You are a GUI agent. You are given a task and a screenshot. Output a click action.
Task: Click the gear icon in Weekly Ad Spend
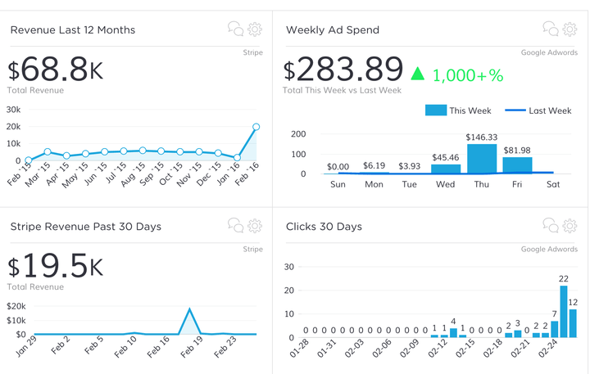(570, 29)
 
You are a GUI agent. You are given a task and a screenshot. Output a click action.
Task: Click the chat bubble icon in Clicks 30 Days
(550, 226)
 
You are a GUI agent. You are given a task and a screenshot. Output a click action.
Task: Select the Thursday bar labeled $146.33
(482, 159)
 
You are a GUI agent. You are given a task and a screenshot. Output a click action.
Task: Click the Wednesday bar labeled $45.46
(446, 169)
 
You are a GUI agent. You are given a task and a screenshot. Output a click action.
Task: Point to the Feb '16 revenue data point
(256, 127)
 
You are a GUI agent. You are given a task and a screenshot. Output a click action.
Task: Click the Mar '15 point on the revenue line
(48, 151)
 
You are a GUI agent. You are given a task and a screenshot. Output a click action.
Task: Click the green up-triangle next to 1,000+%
(418, 74)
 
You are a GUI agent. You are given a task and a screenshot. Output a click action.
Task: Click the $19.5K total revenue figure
(56, 266)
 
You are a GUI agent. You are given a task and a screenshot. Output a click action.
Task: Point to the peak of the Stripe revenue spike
(190, 309)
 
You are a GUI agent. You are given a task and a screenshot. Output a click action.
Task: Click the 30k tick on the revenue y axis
(13, 108)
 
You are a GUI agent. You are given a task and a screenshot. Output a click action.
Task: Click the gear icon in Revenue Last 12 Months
(255, 29)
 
